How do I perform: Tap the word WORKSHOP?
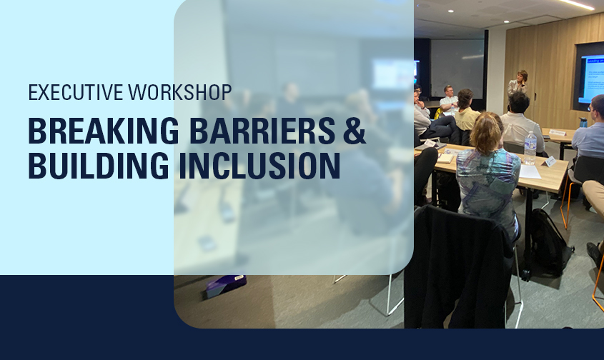pos(180,92)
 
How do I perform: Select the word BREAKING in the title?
pos(104,131)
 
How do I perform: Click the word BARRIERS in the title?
pos(263,131)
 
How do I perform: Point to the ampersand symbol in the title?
pos(354,131)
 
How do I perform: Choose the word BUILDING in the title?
pos(98,166)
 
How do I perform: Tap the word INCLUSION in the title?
pos(259,166)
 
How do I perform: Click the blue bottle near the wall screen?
pos(583,122)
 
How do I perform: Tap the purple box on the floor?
pos(225,286)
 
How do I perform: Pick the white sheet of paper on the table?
pos(530,171)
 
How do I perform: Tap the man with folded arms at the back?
pos(449,99)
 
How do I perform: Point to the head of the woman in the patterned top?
pos(487,130)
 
